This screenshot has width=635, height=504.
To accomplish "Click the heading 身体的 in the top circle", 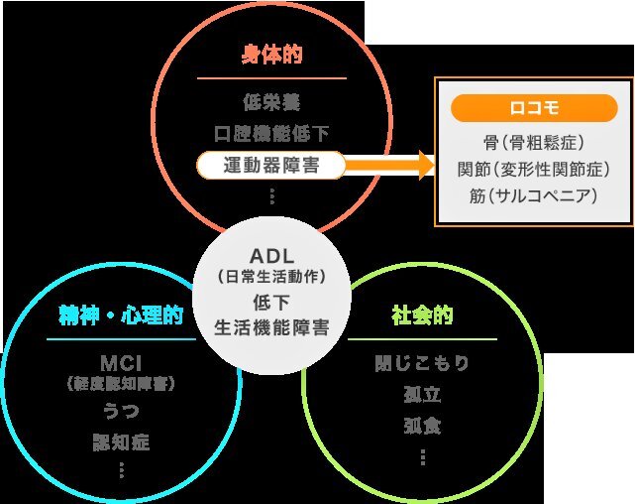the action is [271, 55].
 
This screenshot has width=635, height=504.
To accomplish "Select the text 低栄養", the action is [271, 102].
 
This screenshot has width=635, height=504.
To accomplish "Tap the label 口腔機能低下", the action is [271, 133].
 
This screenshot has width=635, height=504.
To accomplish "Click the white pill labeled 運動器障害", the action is [270, 165].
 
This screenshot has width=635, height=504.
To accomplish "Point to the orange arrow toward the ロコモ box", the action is [389, 165].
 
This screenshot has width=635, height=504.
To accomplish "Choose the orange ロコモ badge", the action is [534, 108].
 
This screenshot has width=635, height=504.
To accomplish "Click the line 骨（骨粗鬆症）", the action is [534, 143].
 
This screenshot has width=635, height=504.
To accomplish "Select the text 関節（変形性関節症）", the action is [534, 169].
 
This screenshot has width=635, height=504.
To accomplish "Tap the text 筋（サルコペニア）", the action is [534, 195].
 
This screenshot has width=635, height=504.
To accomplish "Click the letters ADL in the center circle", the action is [271, 256].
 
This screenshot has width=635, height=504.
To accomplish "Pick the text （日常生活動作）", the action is [271, 277].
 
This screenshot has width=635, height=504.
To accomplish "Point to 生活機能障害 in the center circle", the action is [271, 327].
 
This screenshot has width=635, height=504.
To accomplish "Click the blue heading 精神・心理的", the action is [121, 315].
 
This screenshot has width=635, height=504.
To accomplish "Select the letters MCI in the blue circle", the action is [121, 363].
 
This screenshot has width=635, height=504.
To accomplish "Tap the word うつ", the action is [121, 411].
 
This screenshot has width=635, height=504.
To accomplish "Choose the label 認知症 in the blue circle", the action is [121, 441].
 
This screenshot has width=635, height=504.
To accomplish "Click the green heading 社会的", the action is [422, 315].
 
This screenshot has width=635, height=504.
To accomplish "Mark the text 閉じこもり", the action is [422, 363].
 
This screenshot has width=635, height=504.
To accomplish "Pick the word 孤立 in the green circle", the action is [422, 394].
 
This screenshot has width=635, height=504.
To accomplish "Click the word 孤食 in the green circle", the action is [422, 426].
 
